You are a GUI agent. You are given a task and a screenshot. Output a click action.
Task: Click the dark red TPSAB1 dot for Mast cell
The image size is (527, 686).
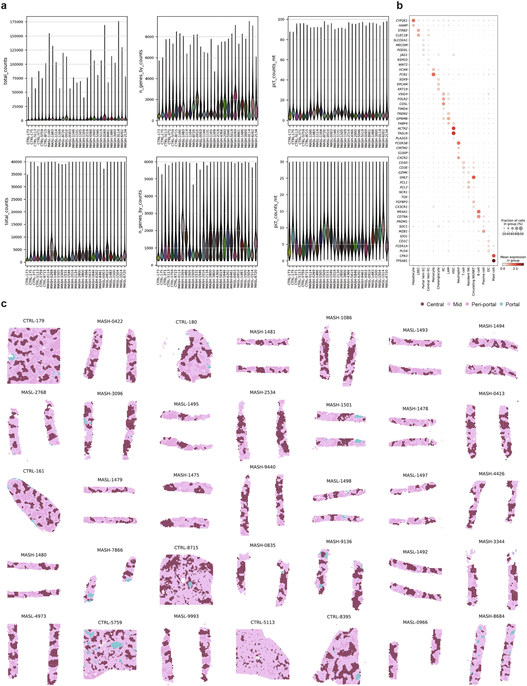[x=494, y=261]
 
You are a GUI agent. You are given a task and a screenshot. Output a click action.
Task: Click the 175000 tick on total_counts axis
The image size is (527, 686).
[x=16, y=22]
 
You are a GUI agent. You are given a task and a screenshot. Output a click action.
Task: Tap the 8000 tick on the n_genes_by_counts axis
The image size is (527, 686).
[x=149, y=37]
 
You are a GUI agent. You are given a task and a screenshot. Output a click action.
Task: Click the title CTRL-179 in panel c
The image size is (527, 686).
[x=34, y=321]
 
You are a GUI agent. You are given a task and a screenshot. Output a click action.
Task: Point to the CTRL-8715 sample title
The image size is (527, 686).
[x=186, y=547]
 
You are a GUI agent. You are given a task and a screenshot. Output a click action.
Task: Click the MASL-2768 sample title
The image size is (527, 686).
[x=34, y=392]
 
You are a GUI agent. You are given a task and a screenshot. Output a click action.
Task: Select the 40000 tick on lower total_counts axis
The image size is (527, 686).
[x=17, y=162]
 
